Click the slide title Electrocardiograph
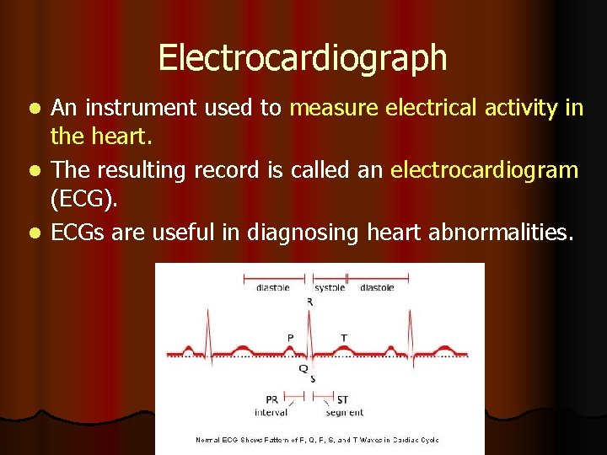point(302,58)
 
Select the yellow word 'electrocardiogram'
point(485,170)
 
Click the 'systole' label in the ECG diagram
point(330,287)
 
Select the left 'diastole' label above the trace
point(272,287)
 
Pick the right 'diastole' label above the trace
point(377,287)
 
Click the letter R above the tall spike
point(310,301)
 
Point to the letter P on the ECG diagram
point(290,337)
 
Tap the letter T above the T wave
point(343,337)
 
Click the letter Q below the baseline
point(303,368)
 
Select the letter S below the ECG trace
point(313,378)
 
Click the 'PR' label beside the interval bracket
point(272,399)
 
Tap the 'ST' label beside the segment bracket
point(342,399)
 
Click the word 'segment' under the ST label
point(345,413)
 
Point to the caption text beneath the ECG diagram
point(317,440)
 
